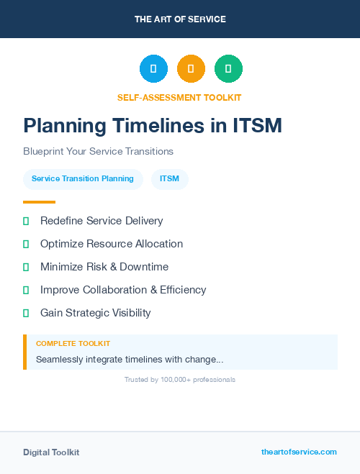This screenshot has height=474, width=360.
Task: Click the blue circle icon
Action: coord(153,68)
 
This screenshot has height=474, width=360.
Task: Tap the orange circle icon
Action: coord(191,68)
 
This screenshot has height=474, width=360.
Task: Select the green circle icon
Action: coord(228,68)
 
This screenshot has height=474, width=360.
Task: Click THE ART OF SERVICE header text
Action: coord(180,19)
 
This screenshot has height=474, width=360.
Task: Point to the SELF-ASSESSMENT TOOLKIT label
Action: coord(179,97)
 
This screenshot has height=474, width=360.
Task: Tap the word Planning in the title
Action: coord(63,126)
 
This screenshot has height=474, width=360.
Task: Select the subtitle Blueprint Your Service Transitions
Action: coord(98,152)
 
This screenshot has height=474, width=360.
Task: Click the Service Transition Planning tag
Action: coord(83,178)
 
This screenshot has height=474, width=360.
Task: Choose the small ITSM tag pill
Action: coord(170,178)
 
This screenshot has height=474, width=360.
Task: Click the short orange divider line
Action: coord(39,201)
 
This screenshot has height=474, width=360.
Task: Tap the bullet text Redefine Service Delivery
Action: coord(102,221)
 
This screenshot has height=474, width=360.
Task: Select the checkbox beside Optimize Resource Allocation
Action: coord(26,244)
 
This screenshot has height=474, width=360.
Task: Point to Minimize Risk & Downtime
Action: coord(104,267)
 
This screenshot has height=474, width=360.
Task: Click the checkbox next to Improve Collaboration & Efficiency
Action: coord(26,290)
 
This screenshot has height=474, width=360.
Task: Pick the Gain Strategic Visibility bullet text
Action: coord(96,313)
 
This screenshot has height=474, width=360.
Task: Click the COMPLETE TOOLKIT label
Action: coord(73,344)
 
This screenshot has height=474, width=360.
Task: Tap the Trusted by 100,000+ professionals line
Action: coord(180,379)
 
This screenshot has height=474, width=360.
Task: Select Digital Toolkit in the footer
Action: coord(51,452)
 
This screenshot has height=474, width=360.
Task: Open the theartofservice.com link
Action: coord(299,452)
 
